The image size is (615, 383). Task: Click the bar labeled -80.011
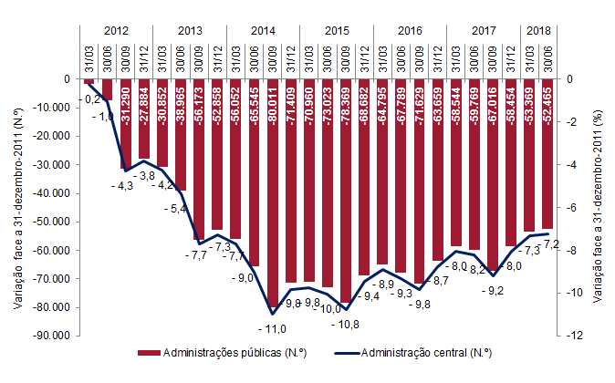[273, 192]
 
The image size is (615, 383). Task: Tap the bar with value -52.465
[548, 153]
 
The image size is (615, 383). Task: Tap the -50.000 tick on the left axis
[51, 222]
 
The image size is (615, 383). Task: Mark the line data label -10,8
[348, 325]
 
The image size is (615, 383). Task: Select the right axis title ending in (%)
[599, 207]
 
